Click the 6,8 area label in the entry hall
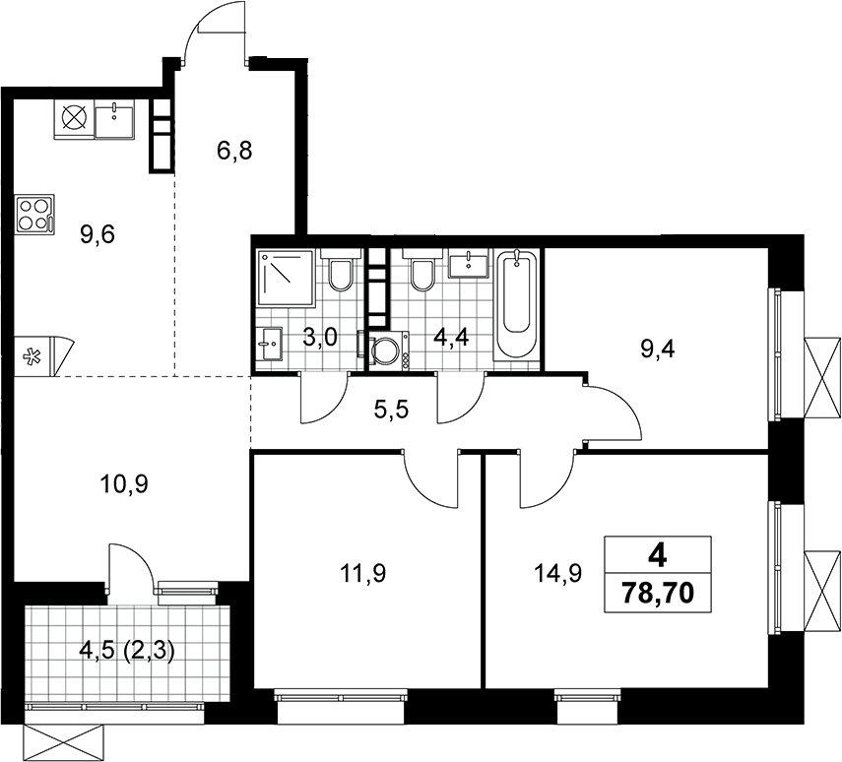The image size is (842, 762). coord(234,151)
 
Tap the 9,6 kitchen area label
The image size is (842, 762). coord(97,234)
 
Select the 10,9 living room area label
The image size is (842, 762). coord(125,484)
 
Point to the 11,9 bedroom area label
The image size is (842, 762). coord(363,574)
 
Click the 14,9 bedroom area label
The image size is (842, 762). coord(558,574)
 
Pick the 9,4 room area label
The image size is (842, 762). coord(658,349)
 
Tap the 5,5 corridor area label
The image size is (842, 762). coord(391,411)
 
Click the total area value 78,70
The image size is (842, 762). coord(658,593)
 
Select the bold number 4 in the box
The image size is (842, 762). coord(658,557)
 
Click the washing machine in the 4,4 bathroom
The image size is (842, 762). coord(389,349)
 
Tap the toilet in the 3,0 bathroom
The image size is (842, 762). coord(339,270)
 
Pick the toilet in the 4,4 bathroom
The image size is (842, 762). coord(421,270)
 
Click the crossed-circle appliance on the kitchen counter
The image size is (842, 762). coord(74,117)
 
